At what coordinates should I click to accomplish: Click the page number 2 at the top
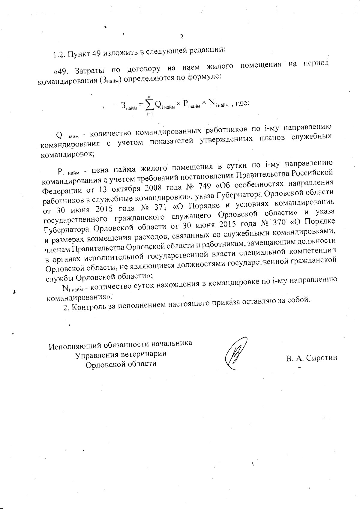(x=181, y=37)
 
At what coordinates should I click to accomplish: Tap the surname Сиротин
(x=321, y=358)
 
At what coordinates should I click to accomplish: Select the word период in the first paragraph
(x=314, y=64)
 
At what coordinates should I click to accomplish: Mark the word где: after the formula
(x=242, y=103)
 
